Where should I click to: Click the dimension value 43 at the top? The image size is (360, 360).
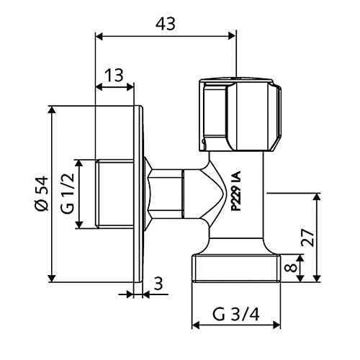click(166, 24)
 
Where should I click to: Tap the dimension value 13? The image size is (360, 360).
click(114, 75)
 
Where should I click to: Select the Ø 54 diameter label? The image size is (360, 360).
click(41, 194)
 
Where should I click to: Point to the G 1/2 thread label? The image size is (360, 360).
click(68, 194)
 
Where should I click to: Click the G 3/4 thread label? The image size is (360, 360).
click(236, 315)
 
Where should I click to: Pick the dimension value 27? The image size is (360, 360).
click(307, 238)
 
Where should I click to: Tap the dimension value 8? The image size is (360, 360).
click(292, 267)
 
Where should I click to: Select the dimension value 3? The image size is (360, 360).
click(158, 283)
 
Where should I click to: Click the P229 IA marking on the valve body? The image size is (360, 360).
click(235, 191)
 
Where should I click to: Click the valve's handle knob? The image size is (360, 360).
click(240, 114)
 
